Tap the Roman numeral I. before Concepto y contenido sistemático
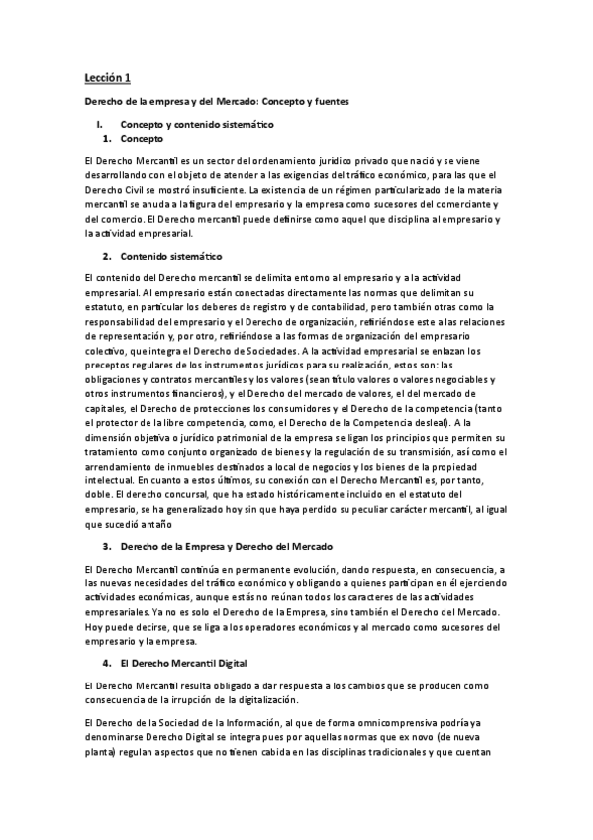pos(99,125)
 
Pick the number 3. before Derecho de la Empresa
pos(106,547)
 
